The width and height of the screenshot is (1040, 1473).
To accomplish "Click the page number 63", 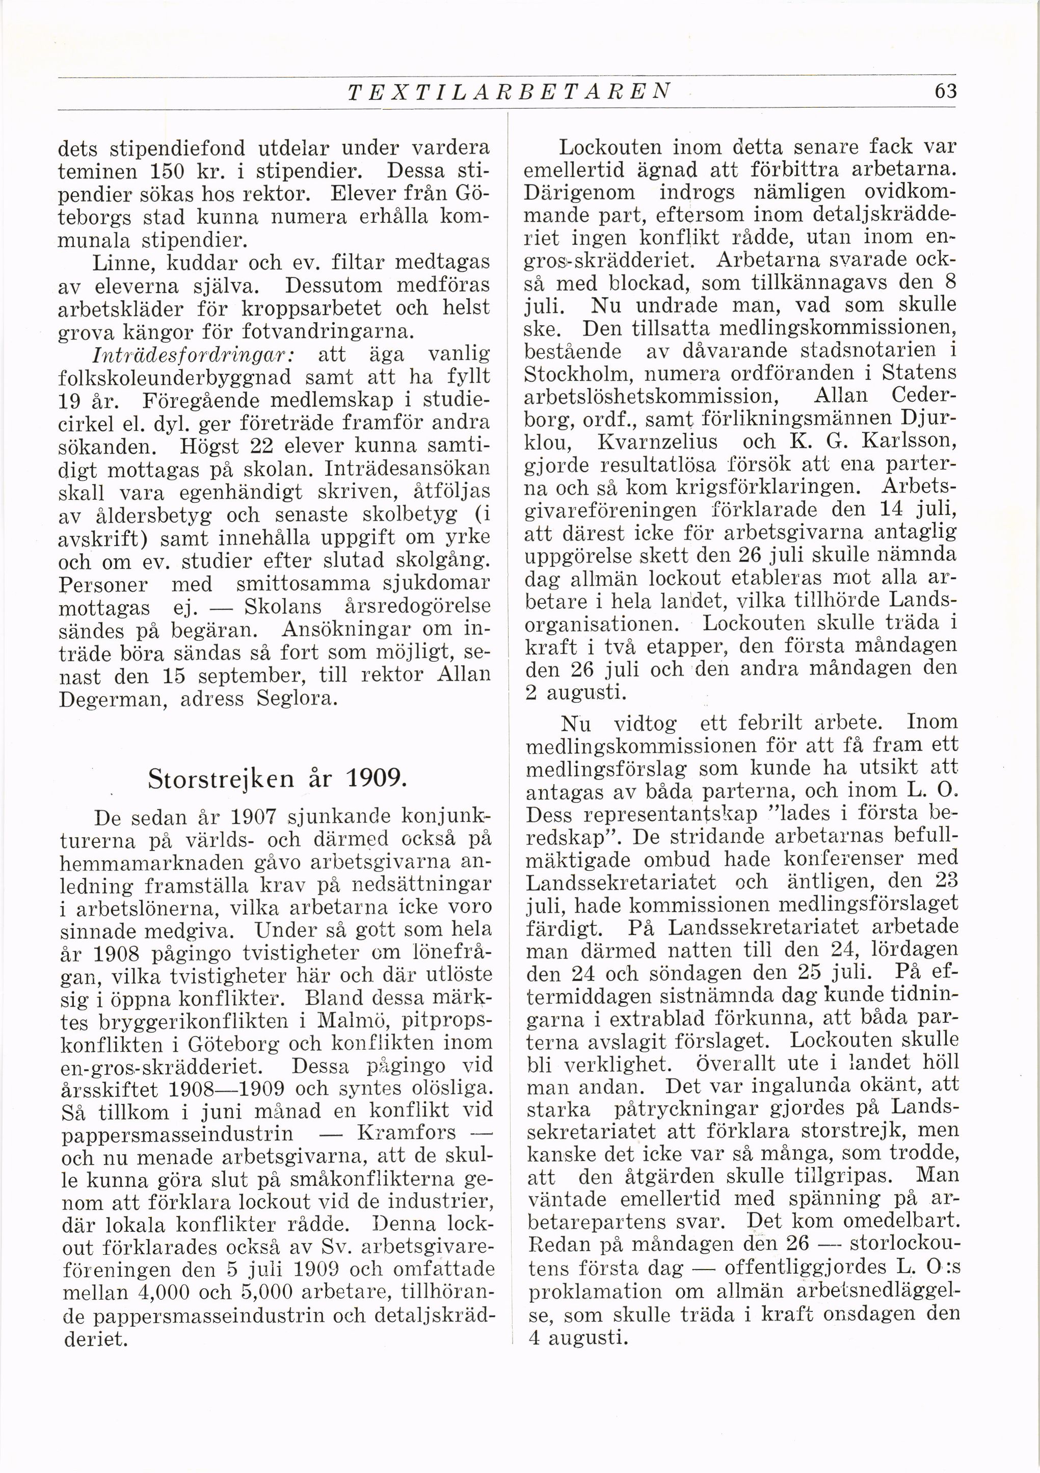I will pyautogui.click(x=946, y=91).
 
